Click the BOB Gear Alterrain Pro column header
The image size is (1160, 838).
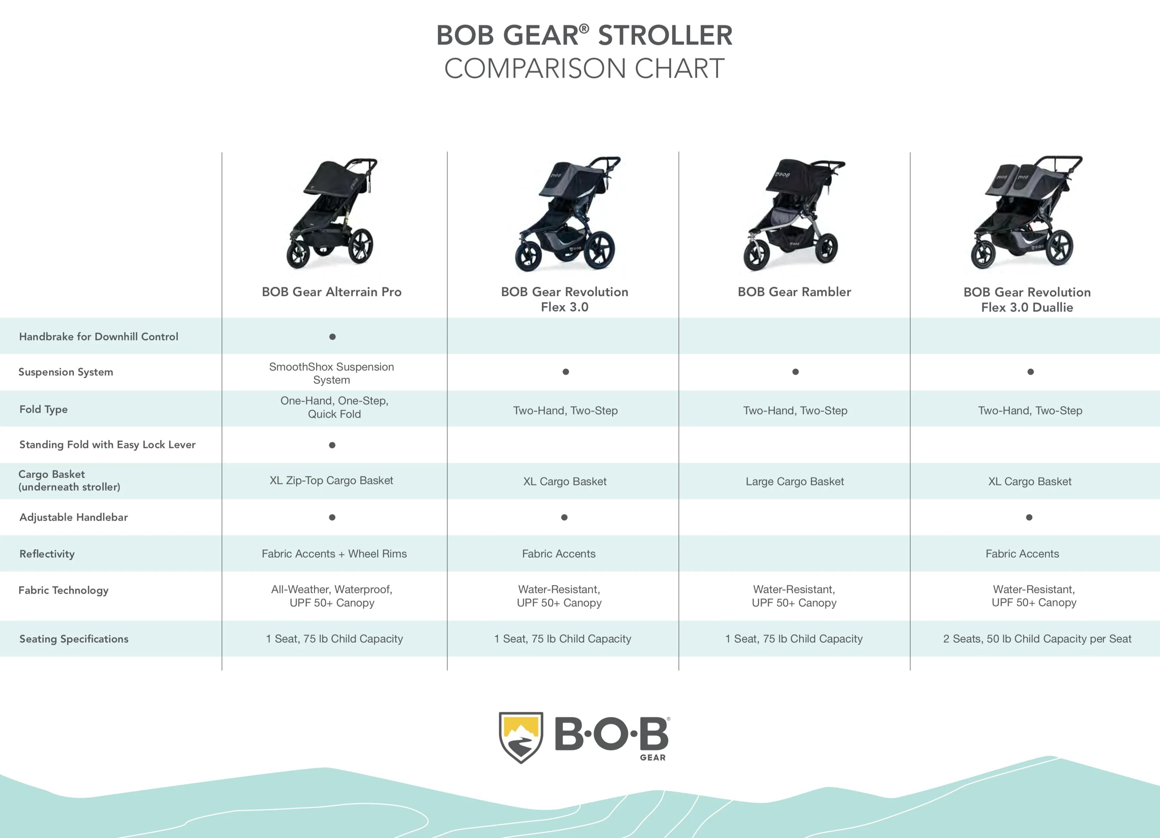331,292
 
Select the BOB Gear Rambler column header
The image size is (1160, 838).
794,292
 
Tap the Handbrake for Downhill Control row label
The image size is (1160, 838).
99,336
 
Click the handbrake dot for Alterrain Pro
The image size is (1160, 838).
332,337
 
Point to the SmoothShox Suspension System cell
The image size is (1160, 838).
331,373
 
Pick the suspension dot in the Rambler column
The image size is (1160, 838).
795,372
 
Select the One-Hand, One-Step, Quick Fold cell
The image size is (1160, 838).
334,407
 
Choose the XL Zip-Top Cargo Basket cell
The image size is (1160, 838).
331,481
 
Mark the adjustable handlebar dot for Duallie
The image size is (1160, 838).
1029,517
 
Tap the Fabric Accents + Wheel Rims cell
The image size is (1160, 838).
334,554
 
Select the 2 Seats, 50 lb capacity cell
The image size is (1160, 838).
1037,639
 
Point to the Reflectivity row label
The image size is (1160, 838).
47,554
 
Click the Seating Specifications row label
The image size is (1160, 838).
74,639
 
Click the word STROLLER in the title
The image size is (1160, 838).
665,36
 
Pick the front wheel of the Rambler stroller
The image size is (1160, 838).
756,256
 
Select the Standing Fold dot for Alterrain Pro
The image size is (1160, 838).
332,445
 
